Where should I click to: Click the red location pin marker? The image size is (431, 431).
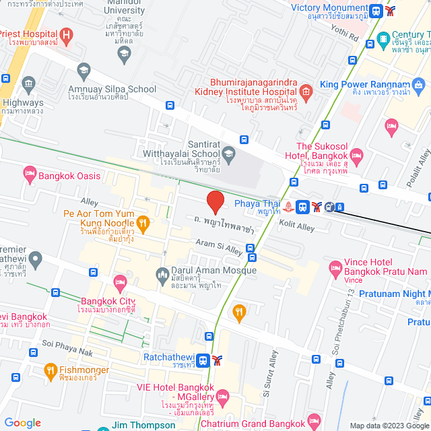point(215,202)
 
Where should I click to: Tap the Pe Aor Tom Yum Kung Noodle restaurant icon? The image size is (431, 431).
point(142,222)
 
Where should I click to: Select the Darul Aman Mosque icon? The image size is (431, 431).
point(162,274)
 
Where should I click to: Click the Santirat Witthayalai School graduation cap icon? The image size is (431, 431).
point(229,154)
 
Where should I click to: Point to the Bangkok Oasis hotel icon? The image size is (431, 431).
point(29,175)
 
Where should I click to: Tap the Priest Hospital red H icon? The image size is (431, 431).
point(66,34)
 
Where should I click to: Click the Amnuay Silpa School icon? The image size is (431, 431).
point(84,69)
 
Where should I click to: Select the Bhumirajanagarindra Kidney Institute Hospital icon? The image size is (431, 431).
point(306,91)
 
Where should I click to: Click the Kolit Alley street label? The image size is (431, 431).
point(296,228)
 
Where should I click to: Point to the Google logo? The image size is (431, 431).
point(22,423)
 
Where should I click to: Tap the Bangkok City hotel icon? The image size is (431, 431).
point(121,281)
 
